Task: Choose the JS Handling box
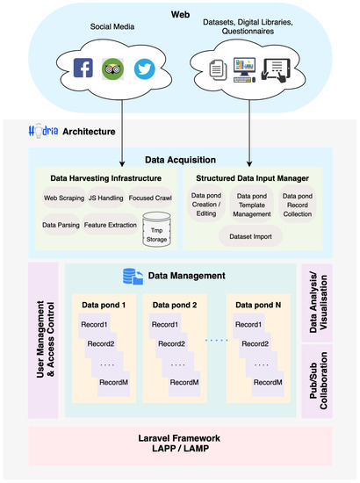click(x=105, y=197)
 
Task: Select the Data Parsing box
click(x=62, y=226)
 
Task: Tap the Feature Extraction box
click(x=110, y=226)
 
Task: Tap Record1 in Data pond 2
click(x=164, y=325)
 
